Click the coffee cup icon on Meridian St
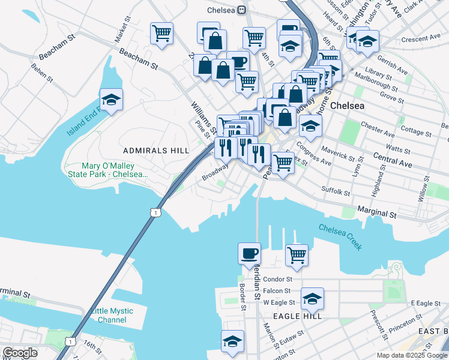coord(249,253)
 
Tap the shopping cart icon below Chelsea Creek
coord(297,254)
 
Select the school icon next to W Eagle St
coord(312,298)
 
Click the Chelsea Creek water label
coord(340,236)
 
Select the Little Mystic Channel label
coord(112,315)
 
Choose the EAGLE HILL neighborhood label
coord(298,316)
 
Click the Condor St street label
coord(278,279)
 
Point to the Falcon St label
coord(278,291)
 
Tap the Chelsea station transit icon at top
coord(241,10)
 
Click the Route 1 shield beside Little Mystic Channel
coord(71,341)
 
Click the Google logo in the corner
coord(20,353)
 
